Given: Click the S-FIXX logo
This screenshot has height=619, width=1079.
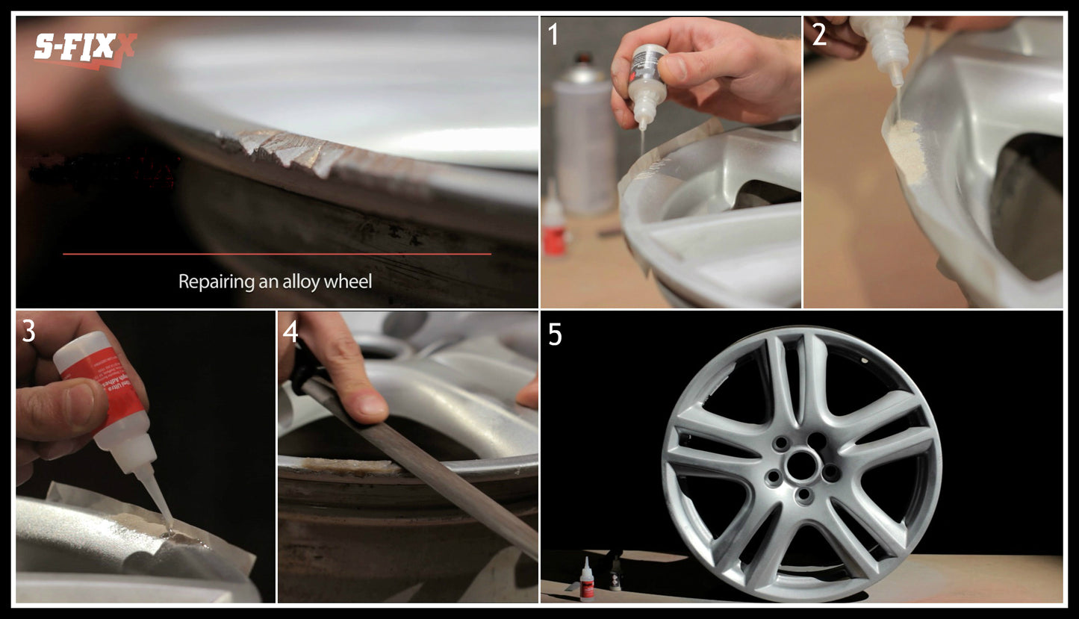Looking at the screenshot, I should click(x=84, y=49).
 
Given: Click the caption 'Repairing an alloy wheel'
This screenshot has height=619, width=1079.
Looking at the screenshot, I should click(x=275, y=281).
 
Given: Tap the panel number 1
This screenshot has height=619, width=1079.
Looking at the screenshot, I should click(x=553, y=35).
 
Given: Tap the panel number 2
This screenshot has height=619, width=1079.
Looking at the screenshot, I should click(x=819, y=35).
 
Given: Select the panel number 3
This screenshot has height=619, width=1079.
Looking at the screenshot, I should click(x=28, y=331).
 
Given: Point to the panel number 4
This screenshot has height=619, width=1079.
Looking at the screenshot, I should click(x=290, y=331).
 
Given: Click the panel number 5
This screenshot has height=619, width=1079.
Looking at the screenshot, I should click(x=555, y=335).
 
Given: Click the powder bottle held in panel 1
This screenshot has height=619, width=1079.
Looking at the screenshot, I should click(x=647, y=86).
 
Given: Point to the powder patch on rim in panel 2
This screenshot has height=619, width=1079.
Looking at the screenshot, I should click(x=907, y=149).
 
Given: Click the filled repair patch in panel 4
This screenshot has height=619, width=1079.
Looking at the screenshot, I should click(x=351, y=467).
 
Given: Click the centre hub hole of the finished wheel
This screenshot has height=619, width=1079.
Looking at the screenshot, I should click(x=802, y=466).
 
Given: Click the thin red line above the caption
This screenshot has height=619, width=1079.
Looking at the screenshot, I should click(x=276, y=254).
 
